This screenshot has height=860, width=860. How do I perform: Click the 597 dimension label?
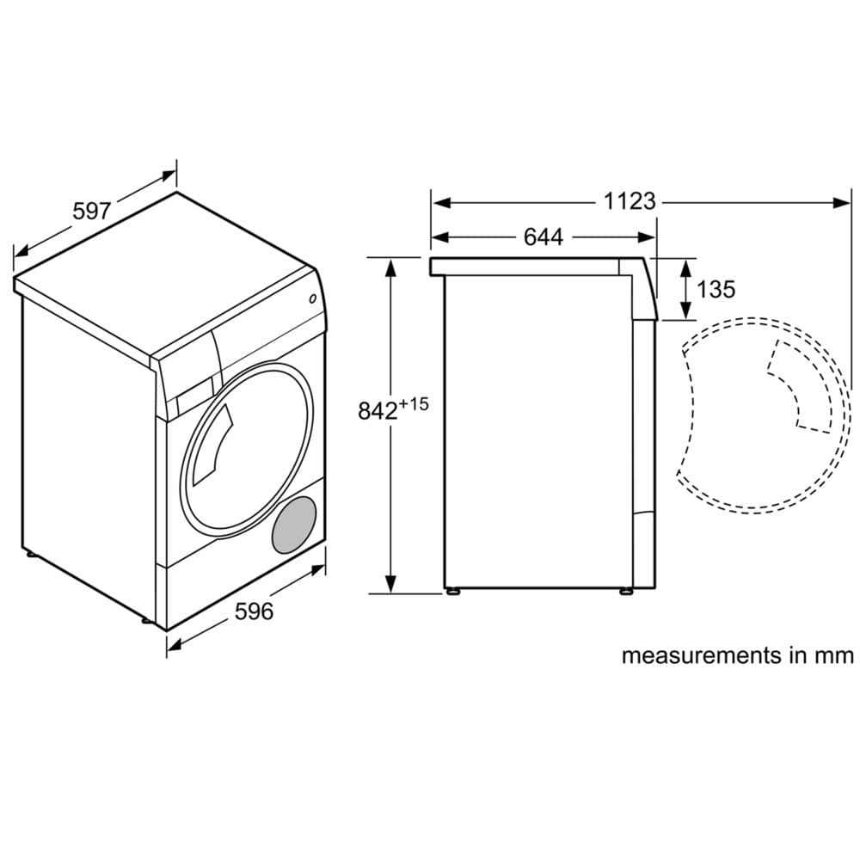click(x=92, y=211)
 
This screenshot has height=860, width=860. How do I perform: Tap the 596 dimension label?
click(x=254, y=611)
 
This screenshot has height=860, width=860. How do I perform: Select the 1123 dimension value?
click(x=630, y=201)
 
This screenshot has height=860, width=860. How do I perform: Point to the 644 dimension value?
click(x=544, y=237)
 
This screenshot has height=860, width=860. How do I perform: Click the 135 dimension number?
click(x=716, y=289)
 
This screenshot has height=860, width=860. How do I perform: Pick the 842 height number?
click(x=378, y=410)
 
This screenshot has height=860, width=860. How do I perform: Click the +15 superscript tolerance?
click(x=414, y=404)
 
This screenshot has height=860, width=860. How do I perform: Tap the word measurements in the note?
click(x=702, y=656)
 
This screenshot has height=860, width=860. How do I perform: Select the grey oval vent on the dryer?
click(x=294, y=525)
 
